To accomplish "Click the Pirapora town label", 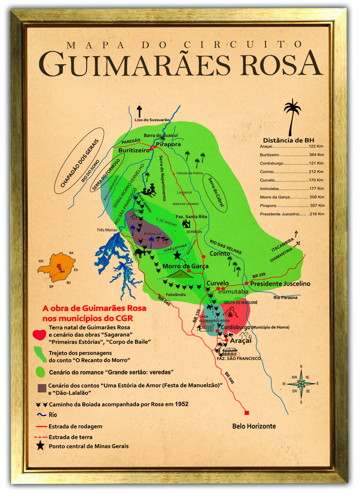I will pyautogui.click(x=168, y=144).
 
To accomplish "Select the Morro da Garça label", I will pyautogui.click(x=185, y=266).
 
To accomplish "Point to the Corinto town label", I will pyautogui.click(x=220, y=253).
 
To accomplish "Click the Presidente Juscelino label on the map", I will pyautogui.click(x=280, y=284).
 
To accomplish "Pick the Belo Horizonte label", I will pyautogui.click(x=254, y=426).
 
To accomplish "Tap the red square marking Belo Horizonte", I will pyautogui.click(x=247, y=413).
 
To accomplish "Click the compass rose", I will pyautogui.click(x=301, y=384).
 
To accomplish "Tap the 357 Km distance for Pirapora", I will pyautogui.click(x=317, y=205).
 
